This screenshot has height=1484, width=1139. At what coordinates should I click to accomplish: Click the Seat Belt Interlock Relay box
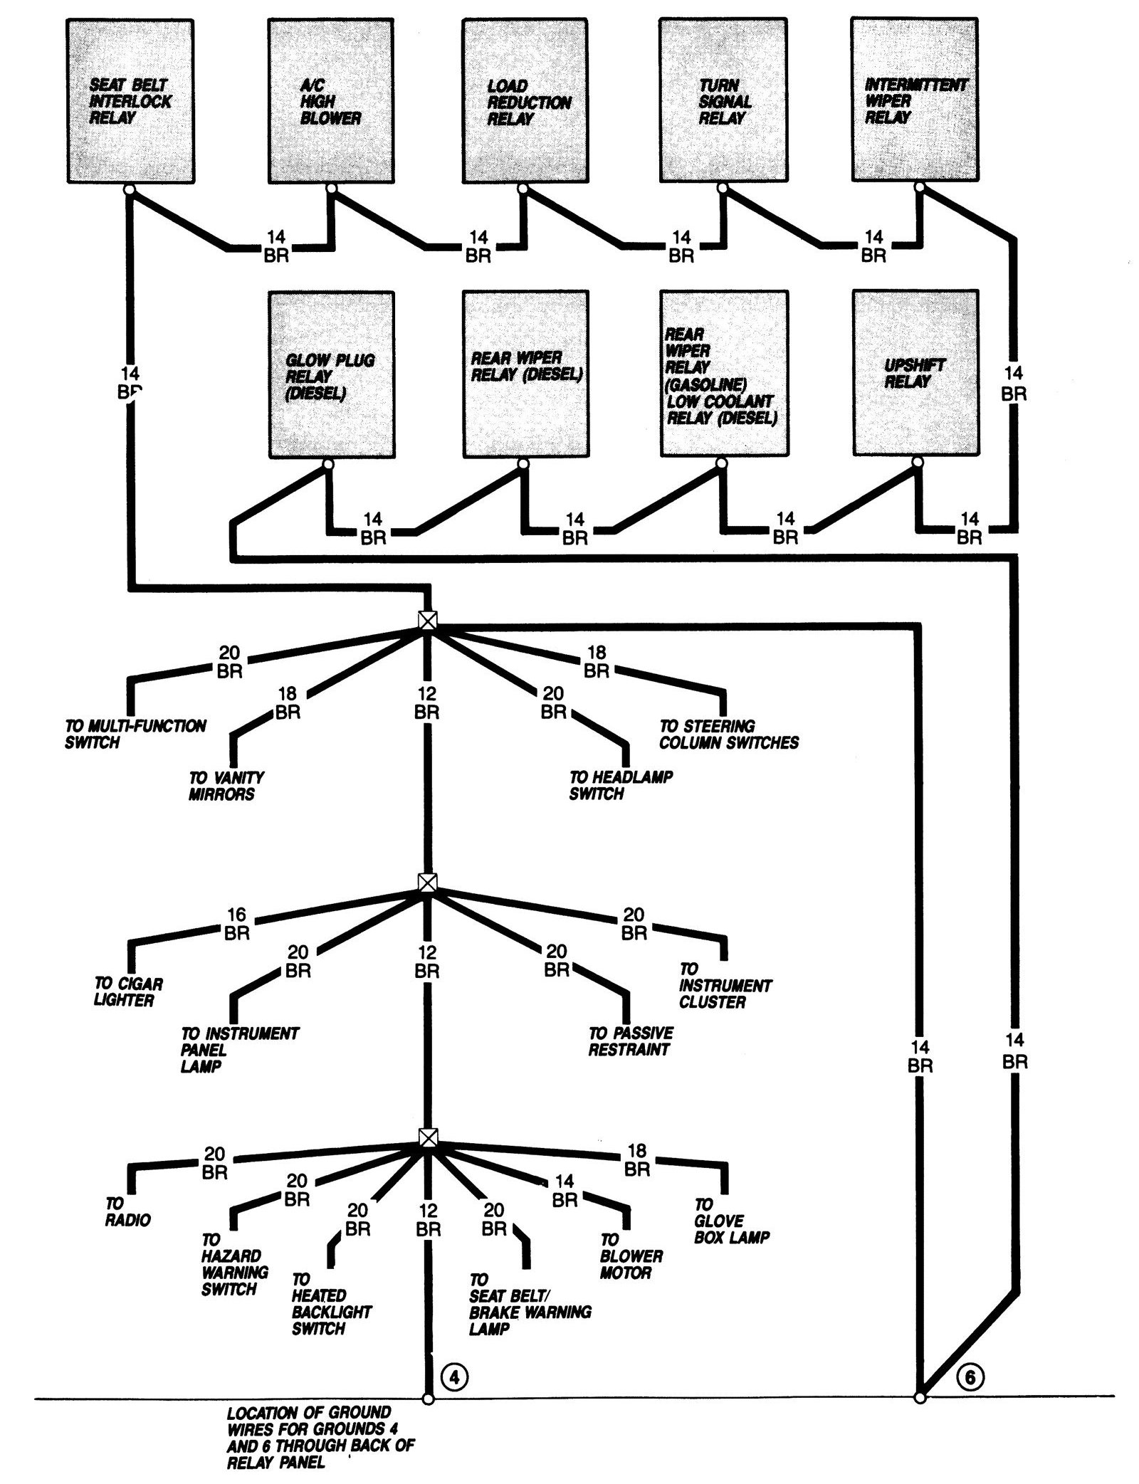point(131,101)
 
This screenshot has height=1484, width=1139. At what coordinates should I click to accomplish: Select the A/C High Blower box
point(331,101)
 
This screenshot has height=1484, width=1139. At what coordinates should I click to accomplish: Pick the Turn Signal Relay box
point(723,101)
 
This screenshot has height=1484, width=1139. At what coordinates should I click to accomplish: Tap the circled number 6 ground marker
point(970,1397)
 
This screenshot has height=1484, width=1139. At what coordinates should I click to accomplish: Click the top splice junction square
point(426,620)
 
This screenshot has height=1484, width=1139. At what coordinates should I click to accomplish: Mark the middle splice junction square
point(426,883)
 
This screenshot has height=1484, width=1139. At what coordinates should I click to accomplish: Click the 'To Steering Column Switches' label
point(728,735)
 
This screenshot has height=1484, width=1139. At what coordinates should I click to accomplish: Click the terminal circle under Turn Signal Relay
point(723,189)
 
